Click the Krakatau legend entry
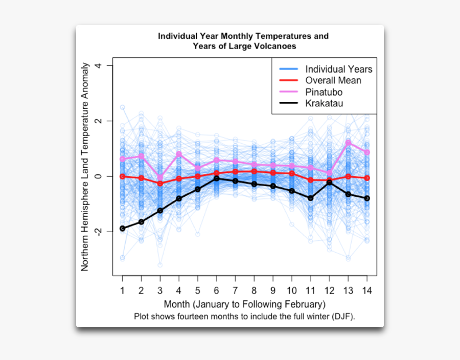(x=324, y=103)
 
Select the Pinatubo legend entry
(x=324, y=92)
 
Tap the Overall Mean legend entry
(x=333, y=80)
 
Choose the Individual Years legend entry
(x=338, y=69)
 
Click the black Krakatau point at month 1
(x=123, y=228)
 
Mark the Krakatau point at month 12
(x=329, y=182)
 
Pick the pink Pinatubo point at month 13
(x=348, y=143)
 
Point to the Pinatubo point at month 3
(x=160, y=177)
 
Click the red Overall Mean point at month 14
(x=367, y=178)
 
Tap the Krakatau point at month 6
(x=217, y=178)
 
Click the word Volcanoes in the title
(x=275, y=46)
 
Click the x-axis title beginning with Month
(x=244, y=305)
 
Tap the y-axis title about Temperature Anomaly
(x=85, y=167)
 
